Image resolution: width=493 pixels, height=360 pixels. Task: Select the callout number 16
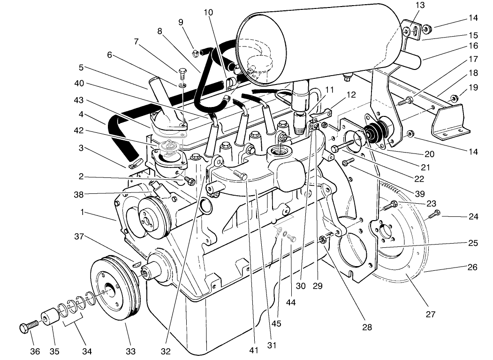click(473, 46)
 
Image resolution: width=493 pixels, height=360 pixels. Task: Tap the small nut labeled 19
click(454, 99)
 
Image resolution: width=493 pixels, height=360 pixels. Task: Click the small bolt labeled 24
click(434, 214)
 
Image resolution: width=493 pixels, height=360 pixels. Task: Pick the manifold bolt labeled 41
click(242, 176)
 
